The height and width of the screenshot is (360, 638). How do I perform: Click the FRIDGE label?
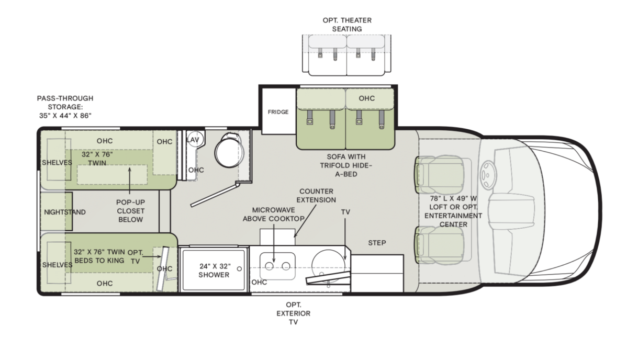click(278, 112)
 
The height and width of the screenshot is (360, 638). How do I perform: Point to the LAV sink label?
click(193, 140)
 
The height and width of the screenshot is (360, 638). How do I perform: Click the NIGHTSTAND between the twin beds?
click(64, 212)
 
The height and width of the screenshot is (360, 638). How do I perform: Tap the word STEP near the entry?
click(377, 243)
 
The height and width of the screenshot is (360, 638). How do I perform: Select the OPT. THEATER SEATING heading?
click(347, 25)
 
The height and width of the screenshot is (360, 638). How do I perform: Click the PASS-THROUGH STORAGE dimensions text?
click(65, 107)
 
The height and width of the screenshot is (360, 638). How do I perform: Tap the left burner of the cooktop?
click(268, 266)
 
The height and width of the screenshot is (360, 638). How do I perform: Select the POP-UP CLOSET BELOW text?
click(130, 210)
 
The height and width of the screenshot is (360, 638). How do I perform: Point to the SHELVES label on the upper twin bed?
click(57, 162)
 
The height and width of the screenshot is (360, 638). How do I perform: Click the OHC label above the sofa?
click(367, 98)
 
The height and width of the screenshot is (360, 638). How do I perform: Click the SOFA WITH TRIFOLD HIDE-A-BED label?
click(345, 165)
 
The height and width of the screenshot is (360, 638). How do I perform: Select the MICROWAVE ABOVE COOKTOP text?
click(273, 215)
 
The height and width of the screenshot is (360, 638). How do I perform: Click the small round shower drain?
click(239, 268)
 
